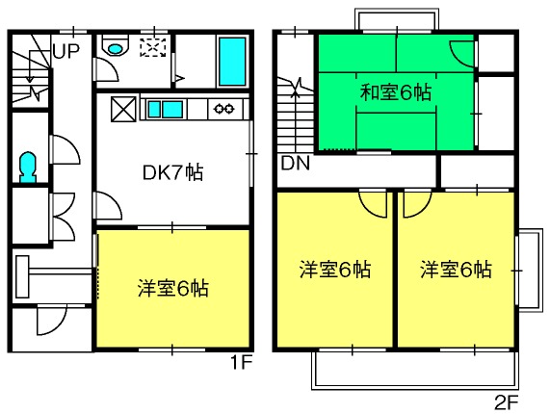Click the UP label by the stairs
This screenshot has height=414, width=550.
click(66, 51)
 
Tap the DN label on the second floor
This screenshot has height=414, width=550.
click(296, 163)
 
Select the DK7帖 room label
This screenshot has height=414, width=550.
click(173, 172)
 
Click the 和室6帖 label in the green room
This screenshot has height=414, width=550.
click(395, 92)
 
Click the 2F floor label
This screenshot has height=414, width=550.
click(506, 402)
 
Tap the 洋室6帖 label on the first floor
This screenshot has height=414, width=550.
click(173, 289)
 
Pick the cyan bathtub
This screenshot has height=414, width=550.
click(232, 62)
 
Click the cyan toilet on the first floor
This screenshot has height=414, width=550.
click(28, 168)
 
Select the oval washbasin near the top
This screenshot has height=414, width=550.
click(116, 48)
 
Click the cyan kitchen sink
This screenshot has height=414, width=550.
click(165, 109)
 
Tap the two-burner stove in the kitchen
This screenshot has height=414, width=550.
click(224, 109)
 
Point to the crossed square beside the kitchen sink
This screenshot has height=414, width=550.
click(123, 109)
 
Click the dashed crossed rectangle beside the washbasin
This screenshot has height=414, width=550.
click(152, 47)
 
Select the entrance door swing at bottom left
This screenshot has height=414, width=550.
click(52, 320)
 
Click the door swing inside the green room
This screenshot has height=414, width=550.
click(463, 54)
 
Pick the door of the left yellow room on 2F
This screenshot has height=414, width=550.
click(373, 203)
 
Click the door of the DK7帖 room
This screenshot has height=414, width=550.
click(107, 206)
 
